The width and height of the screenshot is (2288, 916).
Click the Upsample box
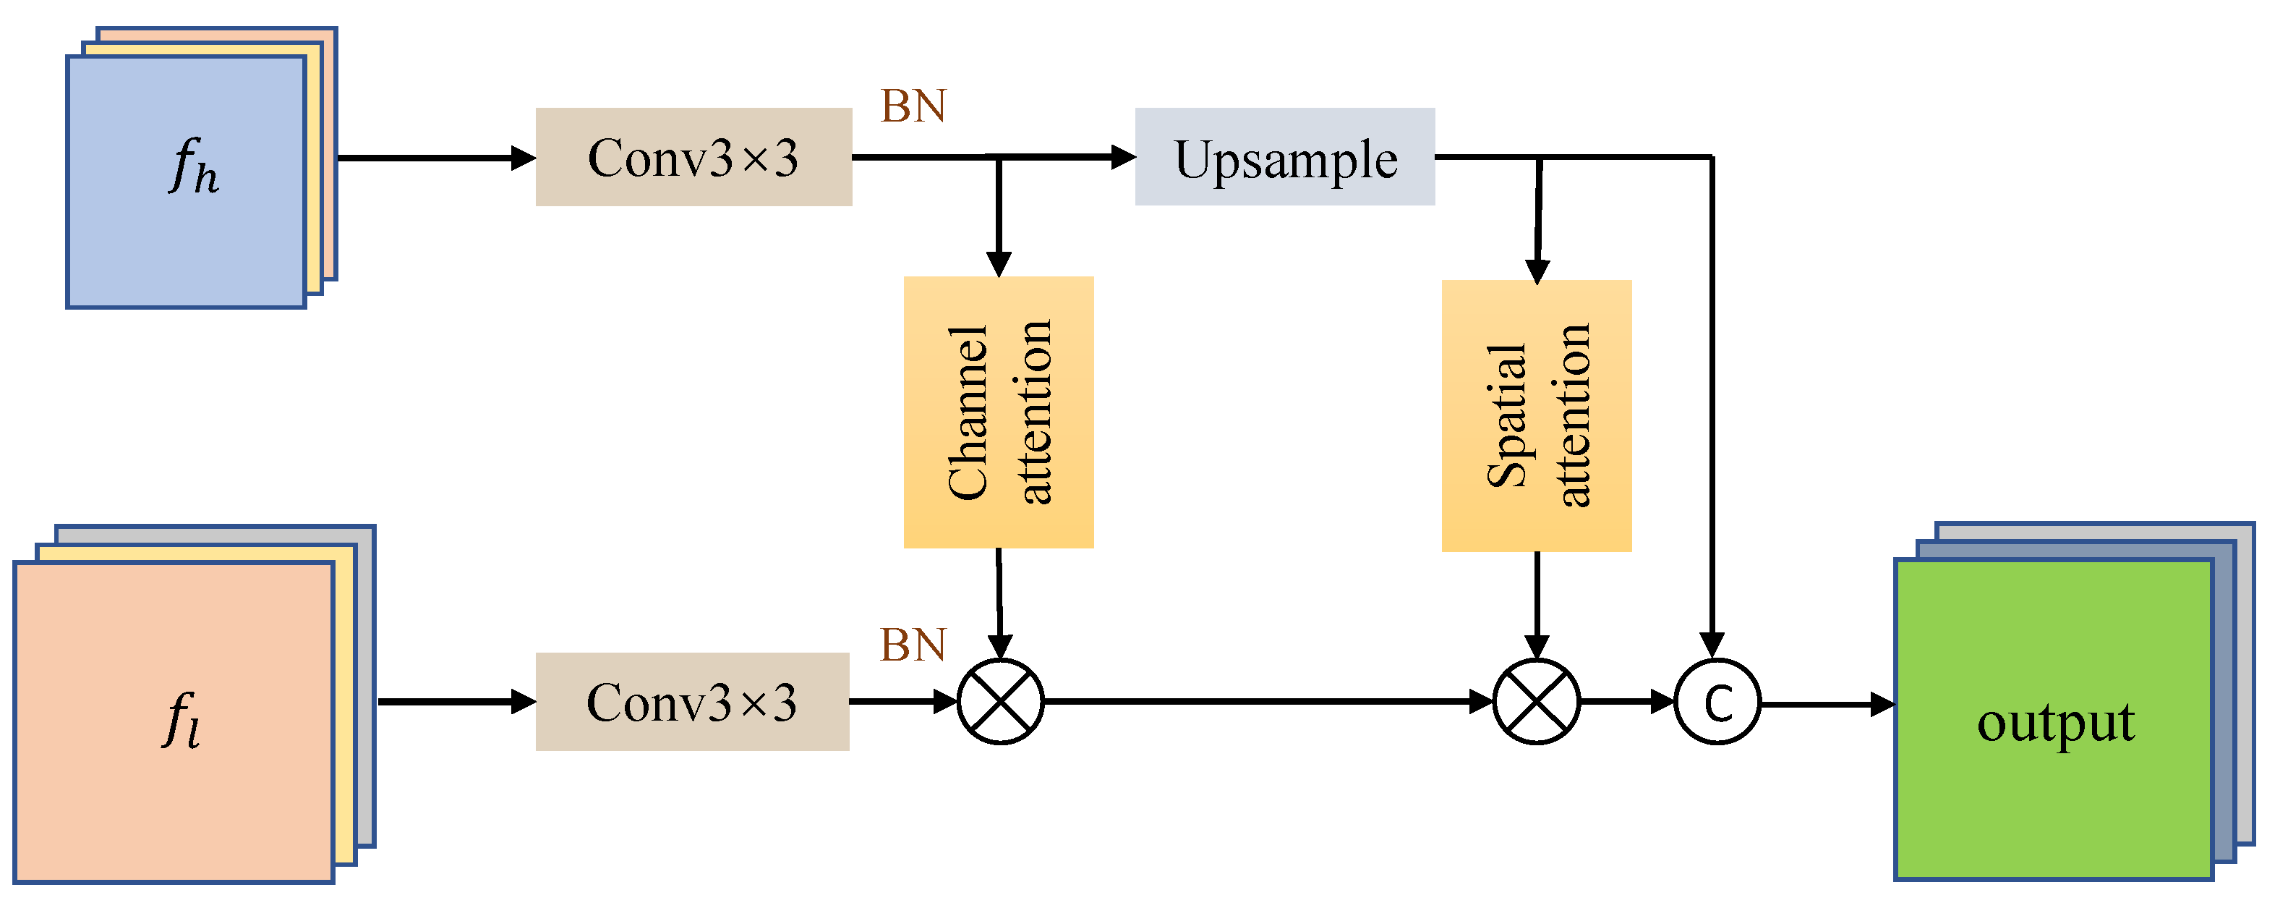point(1284,157)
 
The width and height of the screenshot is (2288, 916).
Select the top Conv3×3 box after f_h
point(693,157)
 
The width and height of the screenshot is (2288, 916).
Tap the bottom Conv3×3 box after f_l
point(692,702)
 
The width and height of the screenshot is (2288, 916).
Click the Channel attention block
point(999,412)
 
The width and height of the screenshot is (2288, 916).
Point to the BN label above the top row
point(913,106)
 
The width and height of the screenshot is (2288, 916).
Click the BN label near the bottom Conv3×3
point(913,645)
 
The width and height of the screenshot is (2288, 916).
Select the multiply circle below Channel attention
point(1001,702)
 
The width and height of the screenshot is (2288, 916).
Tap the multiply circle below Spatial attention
point(1537,702)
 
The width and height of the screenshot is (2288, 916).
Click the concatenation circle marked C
point(1717,702)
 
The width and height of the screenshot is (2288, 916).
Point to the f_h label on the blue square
point(194,166)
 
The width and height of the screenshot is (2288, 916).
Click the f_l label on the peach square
point(182,720)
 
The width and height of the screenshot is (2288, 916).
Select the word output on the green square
point(2055,721)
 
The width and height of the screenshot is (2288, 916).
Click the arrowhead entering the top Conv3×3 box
point(524,158)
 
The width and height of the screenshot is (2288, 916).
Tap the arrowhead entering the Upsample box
point(1124,157)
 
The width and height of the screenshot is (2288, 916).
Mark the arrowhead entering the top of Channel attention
point(999,264)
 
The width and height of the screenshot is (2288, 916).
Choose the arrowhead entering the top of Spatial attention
point(1537,270)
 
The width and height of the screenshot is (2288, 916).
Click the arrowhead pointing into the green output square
point(1882,705)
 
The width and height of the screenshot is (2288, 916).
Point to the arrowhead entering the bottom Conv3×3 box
point(524,702)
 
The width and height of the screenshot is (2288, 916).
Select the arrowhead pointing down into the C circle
point(1712,644)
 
